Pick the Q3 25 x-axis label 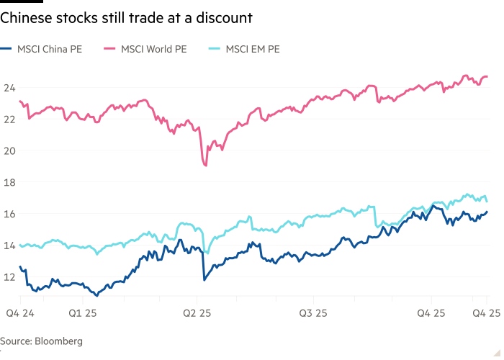click(x=313, y=313)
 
